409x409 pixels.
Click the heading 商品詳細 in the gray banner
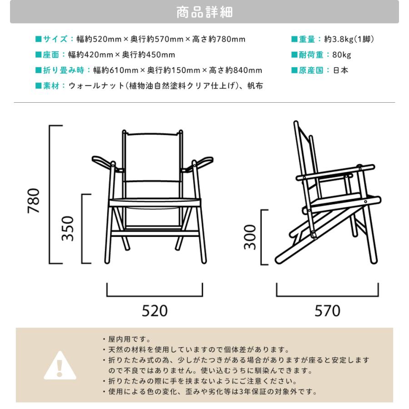204,12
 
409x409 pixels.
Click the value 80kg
342,55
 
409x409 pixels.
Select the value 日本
341,70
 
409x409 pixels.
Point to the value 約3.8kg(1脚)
349,40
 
